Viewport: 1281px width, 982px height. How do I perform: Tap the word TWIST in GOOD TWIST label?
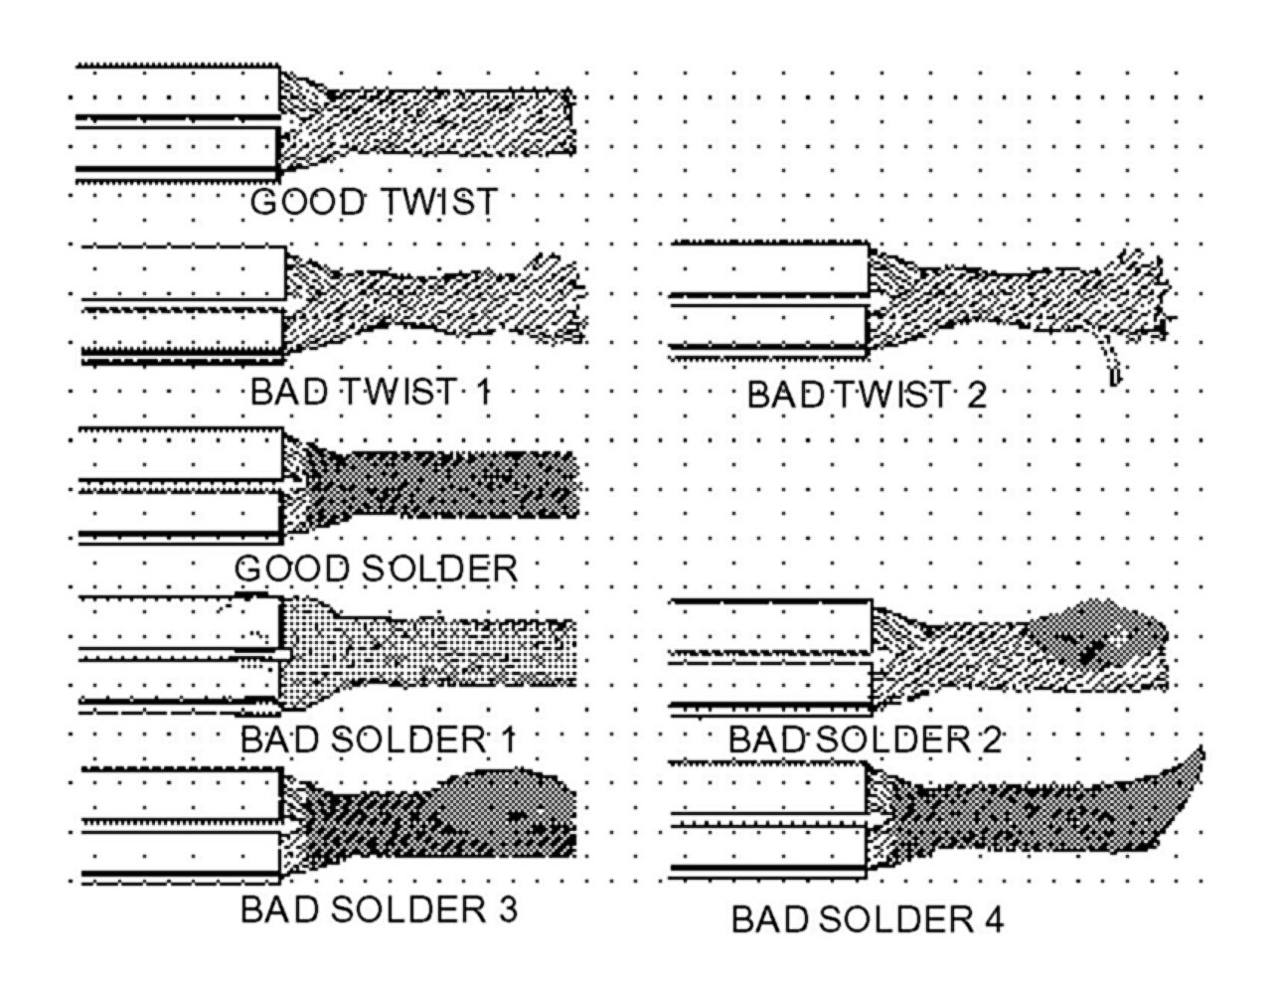[x=437, y=203]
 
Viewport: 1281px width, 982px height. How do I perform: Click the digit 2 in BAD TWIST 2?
[x=976, y=396]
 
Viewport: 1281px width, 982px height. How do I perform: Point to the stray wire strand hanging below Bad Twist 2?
[x=1109, y=364]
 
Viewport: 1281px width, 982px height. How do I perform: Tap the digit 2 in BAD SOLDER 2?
[x=990, y=740]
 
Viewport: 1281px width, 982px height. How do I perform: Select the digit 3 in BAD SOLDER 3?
[x=506, y=909]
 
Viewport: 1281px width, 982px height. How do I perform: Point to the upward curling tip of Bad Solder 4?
[x=1193, y=767]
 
